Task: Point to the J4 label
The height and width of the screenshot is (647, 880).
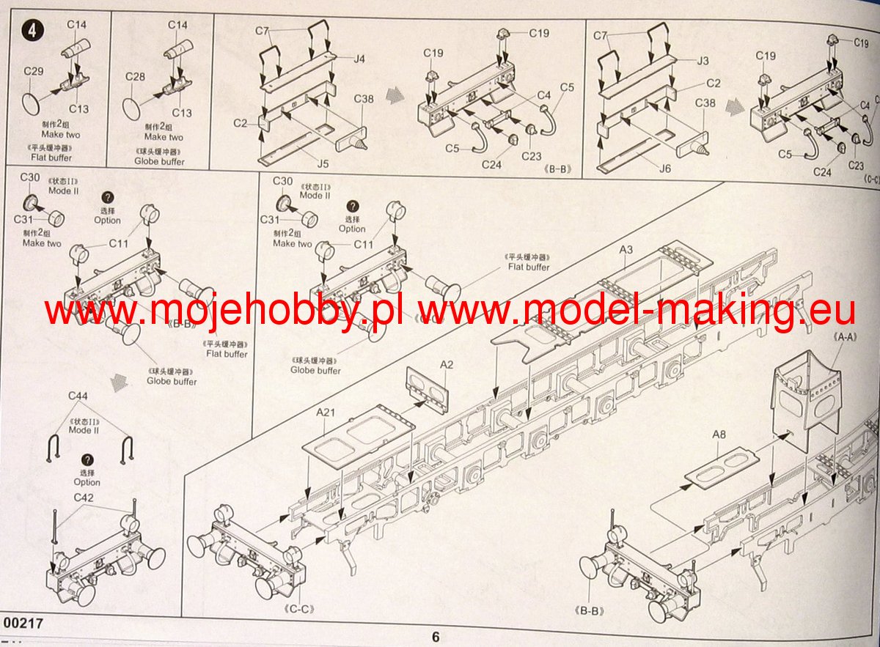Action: [x=359, y=59]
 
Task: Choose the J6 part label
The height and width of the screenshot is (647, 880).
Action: [x=664, y=168]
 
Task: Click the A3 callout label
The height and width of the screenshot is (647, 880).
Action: [x=626, y=250]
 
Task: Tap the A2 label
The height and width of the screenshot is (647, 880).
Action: [x=447, y=364]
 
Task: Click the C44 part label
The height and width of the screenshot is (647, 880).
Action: [x=78, y=396]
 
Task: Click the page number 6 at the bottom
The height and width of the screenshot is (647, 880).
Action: [x=436, y=637]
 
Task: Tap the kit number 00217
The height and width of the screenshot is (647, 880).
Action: [x=23, y=623]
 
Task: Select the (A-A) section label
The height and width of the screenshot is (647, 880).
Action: [x=846, y=337]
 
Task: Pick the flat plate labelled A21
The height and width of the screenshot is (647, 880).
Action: [x=356, y=435]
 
